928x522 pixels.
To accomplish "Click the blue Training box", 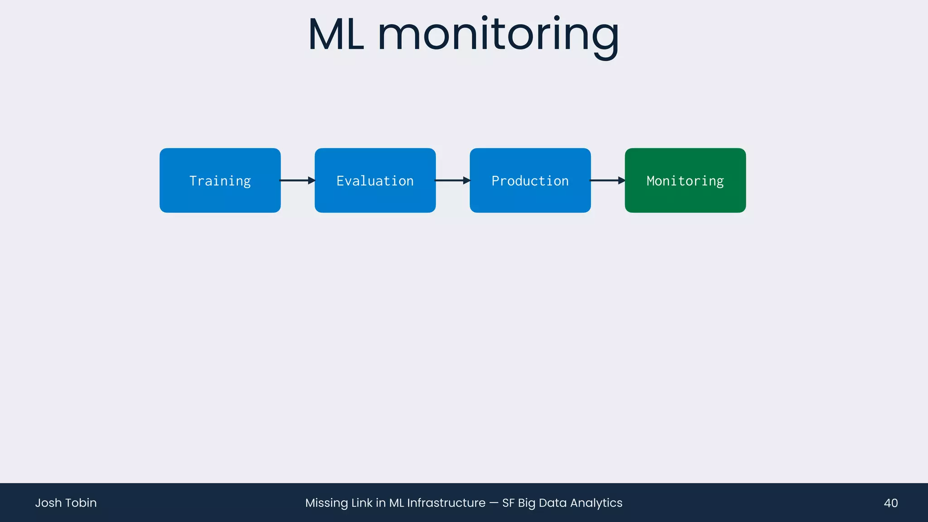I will [x=220, y=180].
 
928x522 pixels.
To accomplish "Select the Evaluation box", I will [x=375, y=180].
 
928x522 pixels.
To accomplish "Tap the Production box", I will [x=530, y=180].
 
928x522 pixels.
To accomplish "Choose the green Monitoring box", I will [x=685, y=180].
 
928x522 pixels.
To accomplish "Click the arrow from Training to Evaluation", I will [x=297, y=180].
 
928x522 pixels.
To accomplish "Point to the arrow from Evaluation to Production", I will [x=452, y=180].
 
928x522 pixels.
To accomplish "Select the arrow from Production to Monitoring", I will [x=607, y=180].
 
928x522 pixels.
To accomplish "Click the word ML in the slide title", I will [x=336, y=35].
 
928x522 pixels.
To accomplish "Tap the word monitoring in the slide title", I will [x=498, y=35].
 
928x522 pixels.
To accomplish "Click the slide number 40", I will [x=890, y=503].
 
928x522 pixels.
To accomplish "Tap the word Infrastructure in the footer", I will [x=446, y=503].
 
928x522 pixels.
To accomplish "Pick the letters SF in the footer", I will [x=508, y=503].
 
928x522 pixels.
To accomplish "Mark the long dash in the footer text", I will [x=494, y=503].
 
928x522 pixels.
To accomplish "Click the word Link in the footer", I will [x=362, y=503].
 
